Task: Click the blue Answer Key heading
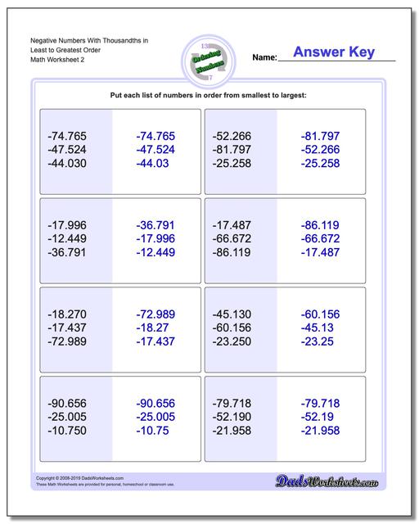(334, 52)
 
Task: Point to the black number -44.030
(67, 164)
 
